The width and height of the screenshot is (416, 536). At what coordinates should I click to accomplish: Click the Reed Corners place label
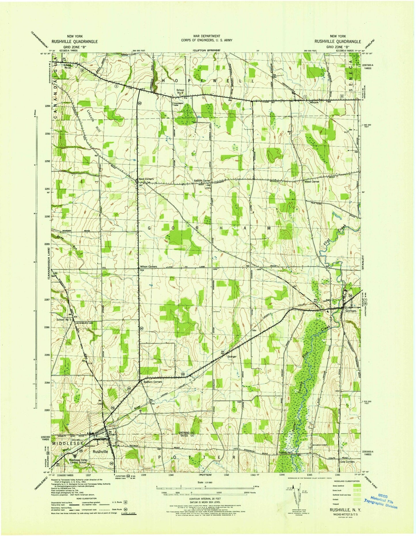coord(146,179)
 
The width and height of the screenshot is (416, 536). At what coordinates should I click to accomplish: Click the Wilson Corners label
coord(148,267)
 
